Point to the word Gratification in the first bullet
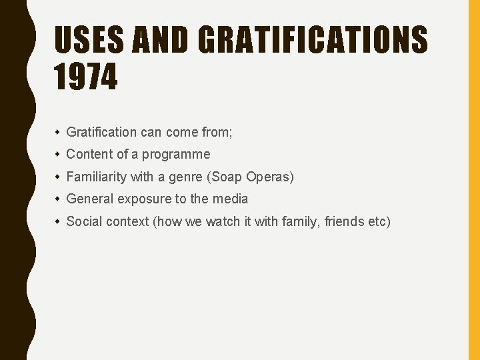pos(101,132)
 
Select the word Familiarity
pos(96,177)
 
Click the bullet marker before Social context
pos(59,221)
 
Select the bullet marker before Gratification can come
pos(59,132)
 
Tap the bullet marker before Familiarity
pos(59,177)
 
